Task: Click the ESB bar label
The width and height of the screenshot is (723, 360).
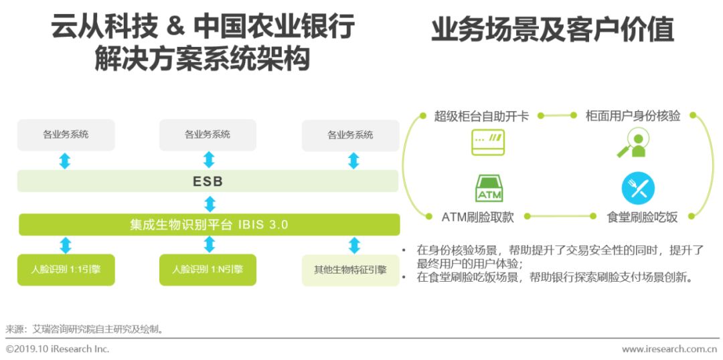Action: click(208, 181)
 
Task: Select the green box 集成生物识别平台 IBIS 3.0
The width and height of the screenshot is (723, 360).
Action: click(209, 225)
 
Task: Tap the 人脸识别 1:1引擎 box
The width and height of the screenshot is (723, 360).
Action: click(66, 270)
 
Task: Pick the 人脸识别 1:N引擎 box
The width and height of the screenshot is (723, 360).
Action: click(208, 270)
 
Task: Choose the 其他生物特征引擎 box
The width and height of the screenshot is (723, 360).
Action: click(350, 270)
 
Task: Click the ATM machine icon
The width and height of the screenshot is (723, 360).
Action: click(489, 188)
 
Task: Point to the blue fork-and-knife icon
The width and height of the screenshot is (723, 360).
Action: click(638, 188)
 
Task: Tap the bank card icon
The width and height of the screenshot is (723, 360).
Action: click(488, 143)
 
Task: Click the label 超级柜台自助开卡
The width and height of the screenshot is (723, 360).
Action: click(481, 116)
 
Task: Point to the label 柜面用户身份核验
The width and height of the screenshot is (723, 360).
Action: click(633, 116)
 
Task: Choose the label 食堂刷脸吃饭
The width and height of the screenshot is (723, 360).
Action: click(643, 217)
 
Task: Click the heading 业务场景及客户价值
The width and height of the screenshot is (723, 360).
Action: click(552, 30)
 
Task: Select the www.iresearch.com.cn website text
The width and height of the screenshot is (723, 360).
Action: click(669, 349)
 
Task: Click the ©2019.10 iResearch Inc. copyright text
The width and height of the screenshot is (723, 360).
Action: click(58, 349)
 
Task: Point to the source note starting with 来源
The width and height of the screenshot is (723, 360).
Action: click(84, 329)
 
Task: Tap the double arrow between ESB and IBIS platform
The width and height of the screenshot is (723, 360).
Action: click(210, 203)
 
